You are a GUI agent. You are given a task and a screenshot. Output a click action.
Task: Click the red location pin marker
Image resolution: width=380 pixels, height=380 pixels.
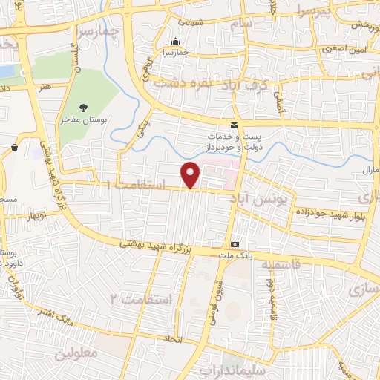point(191,175)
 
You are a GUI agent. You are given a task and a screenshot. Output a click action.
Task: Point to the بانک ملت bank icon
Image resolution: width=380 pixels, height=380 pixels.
point(235,244)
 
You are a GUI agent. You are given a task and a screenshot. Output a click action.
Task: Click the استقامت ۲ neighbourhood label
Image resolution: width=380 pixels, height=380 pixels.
point(141,298)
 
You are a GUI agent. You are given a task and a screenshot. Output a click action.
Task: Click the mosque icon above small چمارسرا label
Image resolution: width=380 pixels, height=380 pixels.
point(175,42)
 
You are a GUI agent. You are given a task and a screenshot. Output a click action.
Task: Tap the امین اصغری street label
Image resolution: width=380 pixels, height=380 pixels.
point(344,50)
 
